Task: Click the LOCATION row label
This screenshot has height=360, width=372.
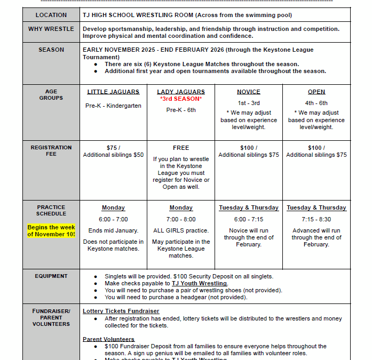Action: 51,15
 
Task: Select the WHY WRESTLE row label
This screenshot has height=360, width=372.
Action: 51,29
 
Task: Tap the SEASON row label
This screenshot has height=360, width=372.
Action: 51,50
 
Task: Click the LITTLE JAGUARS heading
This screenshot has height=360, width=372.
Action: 113,92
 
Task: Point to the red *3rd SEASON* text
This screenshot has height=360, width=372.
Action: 181,99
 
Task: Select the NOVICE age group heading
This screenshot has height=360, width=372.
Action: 249,92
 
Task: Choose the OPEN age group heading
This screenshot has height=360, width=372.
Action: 316,92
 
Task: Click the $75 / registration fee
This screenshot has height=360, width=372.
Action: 113,148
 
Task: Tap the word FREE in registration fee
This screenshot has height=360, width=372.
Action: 181,148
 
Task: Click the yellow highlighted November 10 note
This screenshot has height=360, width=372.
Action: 51,231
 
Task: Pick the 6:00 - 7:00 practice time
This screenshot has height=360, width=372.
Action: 113,219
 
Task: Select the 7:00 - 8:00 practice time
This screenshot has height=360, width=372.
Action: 181,219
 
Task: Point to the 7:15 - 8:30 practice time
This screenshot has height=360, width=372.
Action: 316,219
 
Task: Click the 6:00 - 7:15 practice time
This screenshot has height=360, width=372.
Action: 249,219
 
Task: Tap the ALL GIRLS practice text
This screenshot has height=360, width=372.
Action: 181,230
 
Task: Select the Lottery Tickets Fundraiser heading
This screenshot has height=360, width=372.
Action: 121,311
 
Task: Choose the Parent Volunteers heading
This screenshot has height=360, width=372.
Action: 108,339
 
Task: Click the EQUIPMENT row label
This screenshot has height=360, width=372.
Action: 51,276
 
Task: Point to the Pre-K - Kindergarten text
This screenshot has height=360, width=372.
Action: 113,106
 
